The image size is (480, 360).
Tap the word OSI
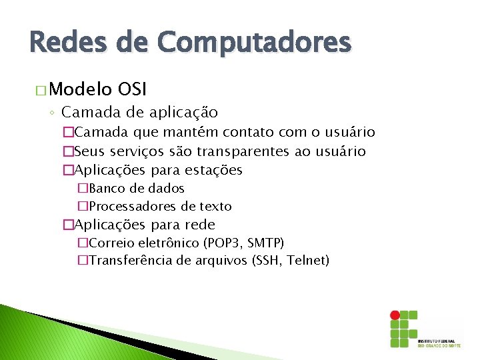[x=132, y=89]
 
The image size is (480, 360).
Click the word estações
[x=215, y=170]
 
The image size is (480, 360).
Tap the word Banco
[x=105, y=189]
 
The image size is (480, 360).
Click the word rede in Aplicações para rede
[x=201, y=225]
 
